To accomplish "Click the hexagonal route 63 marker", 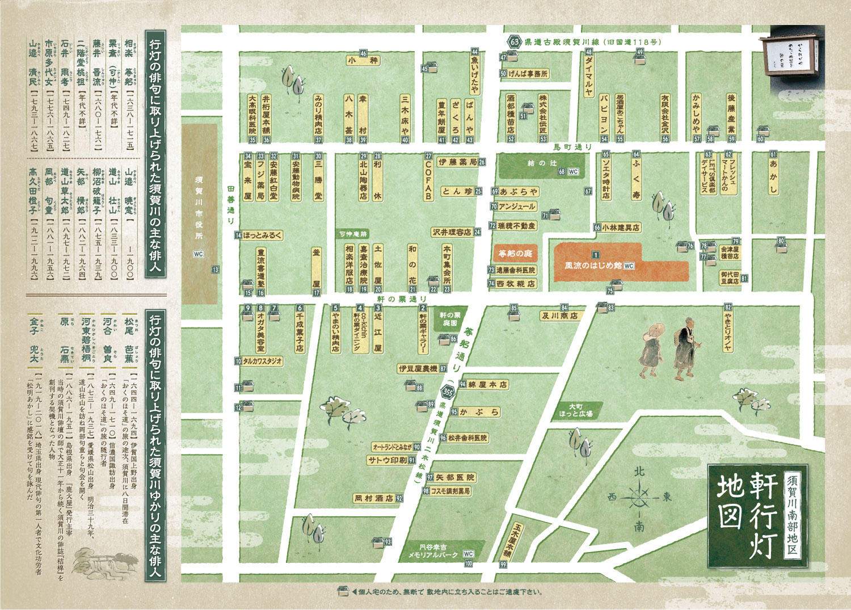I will click(514, 42).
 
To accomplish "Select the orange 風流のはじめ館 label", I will click(593, 265).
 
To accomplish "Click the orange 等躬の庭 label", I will click(515, 254).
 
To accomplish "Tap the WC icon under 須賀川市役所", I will click(198, 254).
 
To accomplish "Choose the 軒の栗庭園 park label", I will click(450, 318).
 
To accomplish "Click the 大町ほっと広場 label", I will click(575, 410).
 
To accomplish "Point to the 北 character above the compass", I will click(639, 471).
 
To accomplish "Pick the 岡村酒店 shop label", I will click(374, 498).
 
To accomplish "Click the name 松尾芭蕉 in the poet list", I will click(130, 338).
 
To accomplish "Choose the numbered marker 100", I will click(468, 563).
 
